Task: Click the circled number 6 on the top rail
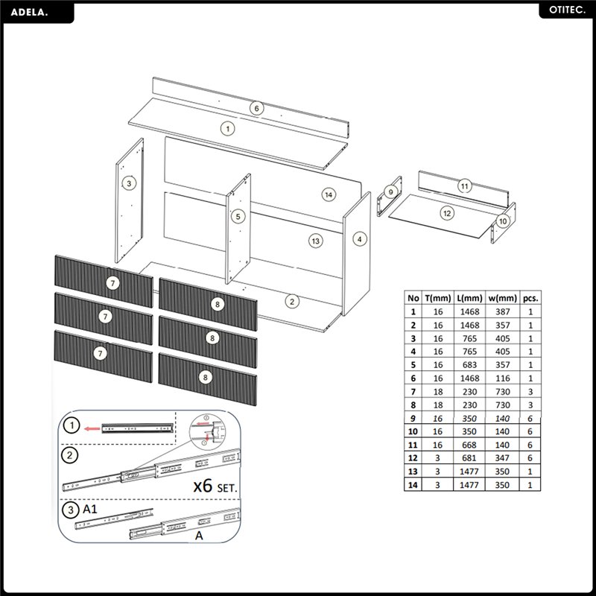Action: pos(256,108)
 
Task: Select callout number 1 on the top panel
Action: pos(228,128)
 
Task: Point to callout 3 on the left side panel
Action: pos(129,183)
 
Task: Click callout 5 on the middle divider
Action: pos(238,217)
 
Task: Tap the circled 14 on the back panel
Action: pos(328,194)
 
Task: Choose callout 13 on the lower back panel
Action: pos(315,241)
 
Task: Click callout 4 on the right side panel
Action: pos(360,239)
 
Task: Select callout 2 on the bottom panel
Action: pos(292,301)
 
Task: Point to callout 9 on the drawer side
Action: pos(389,192)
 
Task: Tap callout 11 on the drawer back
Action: pos(464,186)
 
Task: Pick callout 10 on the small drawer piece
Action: pos(502,221)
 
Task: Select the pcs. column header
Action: pos(530,297)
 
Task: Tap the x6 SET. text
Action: pos(215,486)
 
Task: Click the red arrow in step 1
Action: pos(92,428)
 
